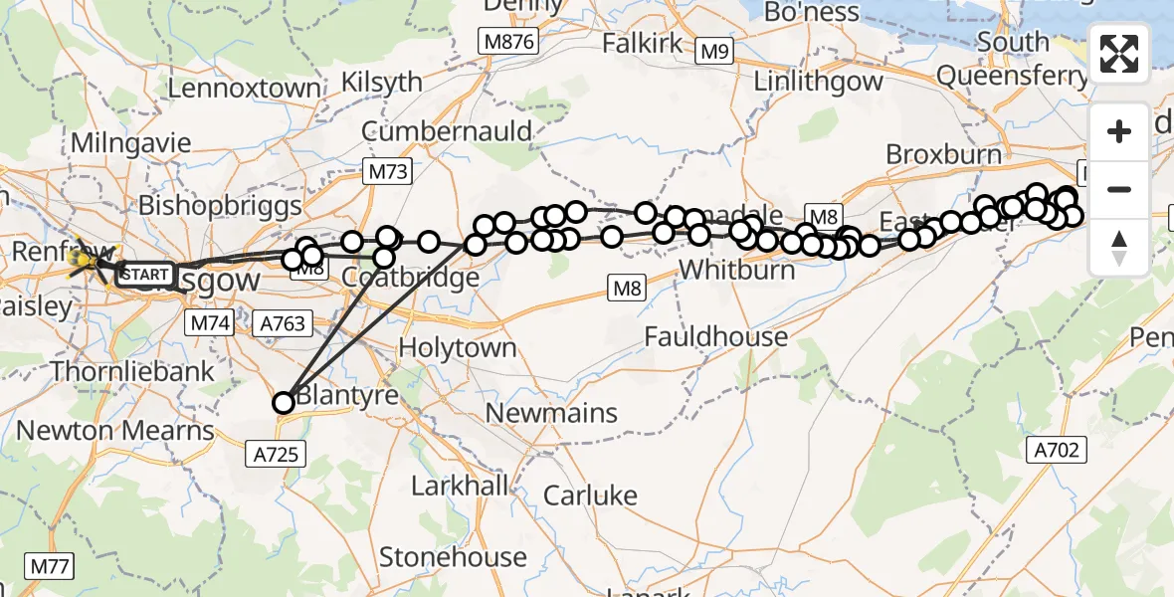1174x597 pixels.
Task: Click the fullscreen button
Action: click(x=1119, y=54)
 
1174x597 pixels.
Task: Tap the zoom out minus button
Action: click(x=1119, y=189)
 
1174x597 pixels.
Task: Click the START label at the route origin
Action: click(x=145, y=274)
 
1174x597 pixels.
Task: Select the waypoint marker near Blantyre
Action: click(x=284, y=402)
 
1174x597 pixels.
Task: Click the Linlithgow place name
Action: click(x=804, y=81)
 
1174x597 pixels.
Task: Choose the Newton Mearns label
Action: click(x=116, y=431)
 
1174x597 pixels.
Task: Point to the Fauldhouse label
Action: click(x=715, y=337)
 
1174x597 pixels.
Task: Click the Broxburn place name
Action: click(x=942, y=154)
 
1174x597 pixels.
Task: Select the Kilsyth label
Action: click(x=382, y=83)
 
